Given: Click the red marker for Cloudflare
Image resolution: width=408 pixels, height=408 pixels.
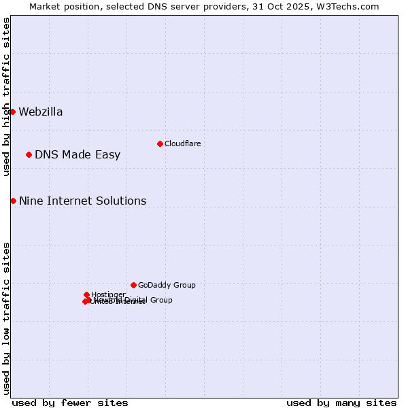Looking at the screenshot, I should point(160,143).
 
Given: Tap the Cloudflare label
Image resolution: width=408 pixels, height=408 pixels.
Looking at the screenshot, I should point(182,143).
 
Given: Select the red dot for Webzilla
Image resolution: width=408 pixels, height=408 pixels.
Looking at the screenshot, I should point(12,112).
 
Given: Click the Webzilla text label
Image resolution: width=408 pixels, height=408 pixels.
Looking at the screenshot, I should point(41,112).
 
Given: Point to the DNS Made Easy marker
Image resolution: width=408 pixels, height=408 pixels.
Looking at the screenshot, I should point(29,154).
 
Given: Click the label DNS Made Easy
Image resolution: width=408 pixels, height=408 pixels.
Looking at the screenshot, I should point(78,155).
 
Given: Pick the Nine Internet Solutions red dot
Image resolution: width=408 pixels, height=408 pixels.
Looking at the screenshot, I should point(13,201).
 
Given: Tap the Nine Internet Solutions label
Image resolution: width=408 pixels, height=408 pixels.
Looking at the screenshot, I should point(82,201).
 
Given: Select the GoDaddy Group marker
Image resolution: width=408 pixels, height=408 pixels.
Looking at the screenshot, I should point(133,285).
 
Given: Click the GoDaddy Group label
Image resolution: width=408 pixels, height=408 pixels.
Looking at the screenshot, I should point(167,286).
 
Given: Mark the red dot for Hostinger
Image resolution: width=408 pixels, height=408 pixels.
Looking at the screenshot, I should point(86,294).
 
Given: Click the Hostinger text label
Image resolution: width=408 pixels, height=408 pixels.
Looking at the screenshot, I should point(108,294).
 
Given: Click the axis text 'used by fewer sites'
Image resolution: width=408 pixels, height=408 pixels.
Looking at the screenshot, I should point(70,403).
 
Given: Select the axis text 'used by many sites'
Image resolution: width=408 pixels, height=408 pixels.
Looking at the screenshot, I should point(341,403).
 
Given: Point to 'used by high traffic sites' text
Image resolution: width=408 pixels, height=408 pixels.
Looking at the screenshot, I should point(6,97).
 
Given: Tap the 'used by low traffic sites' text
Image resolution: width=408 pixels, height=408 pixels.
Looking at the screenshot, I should point(6,318).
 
